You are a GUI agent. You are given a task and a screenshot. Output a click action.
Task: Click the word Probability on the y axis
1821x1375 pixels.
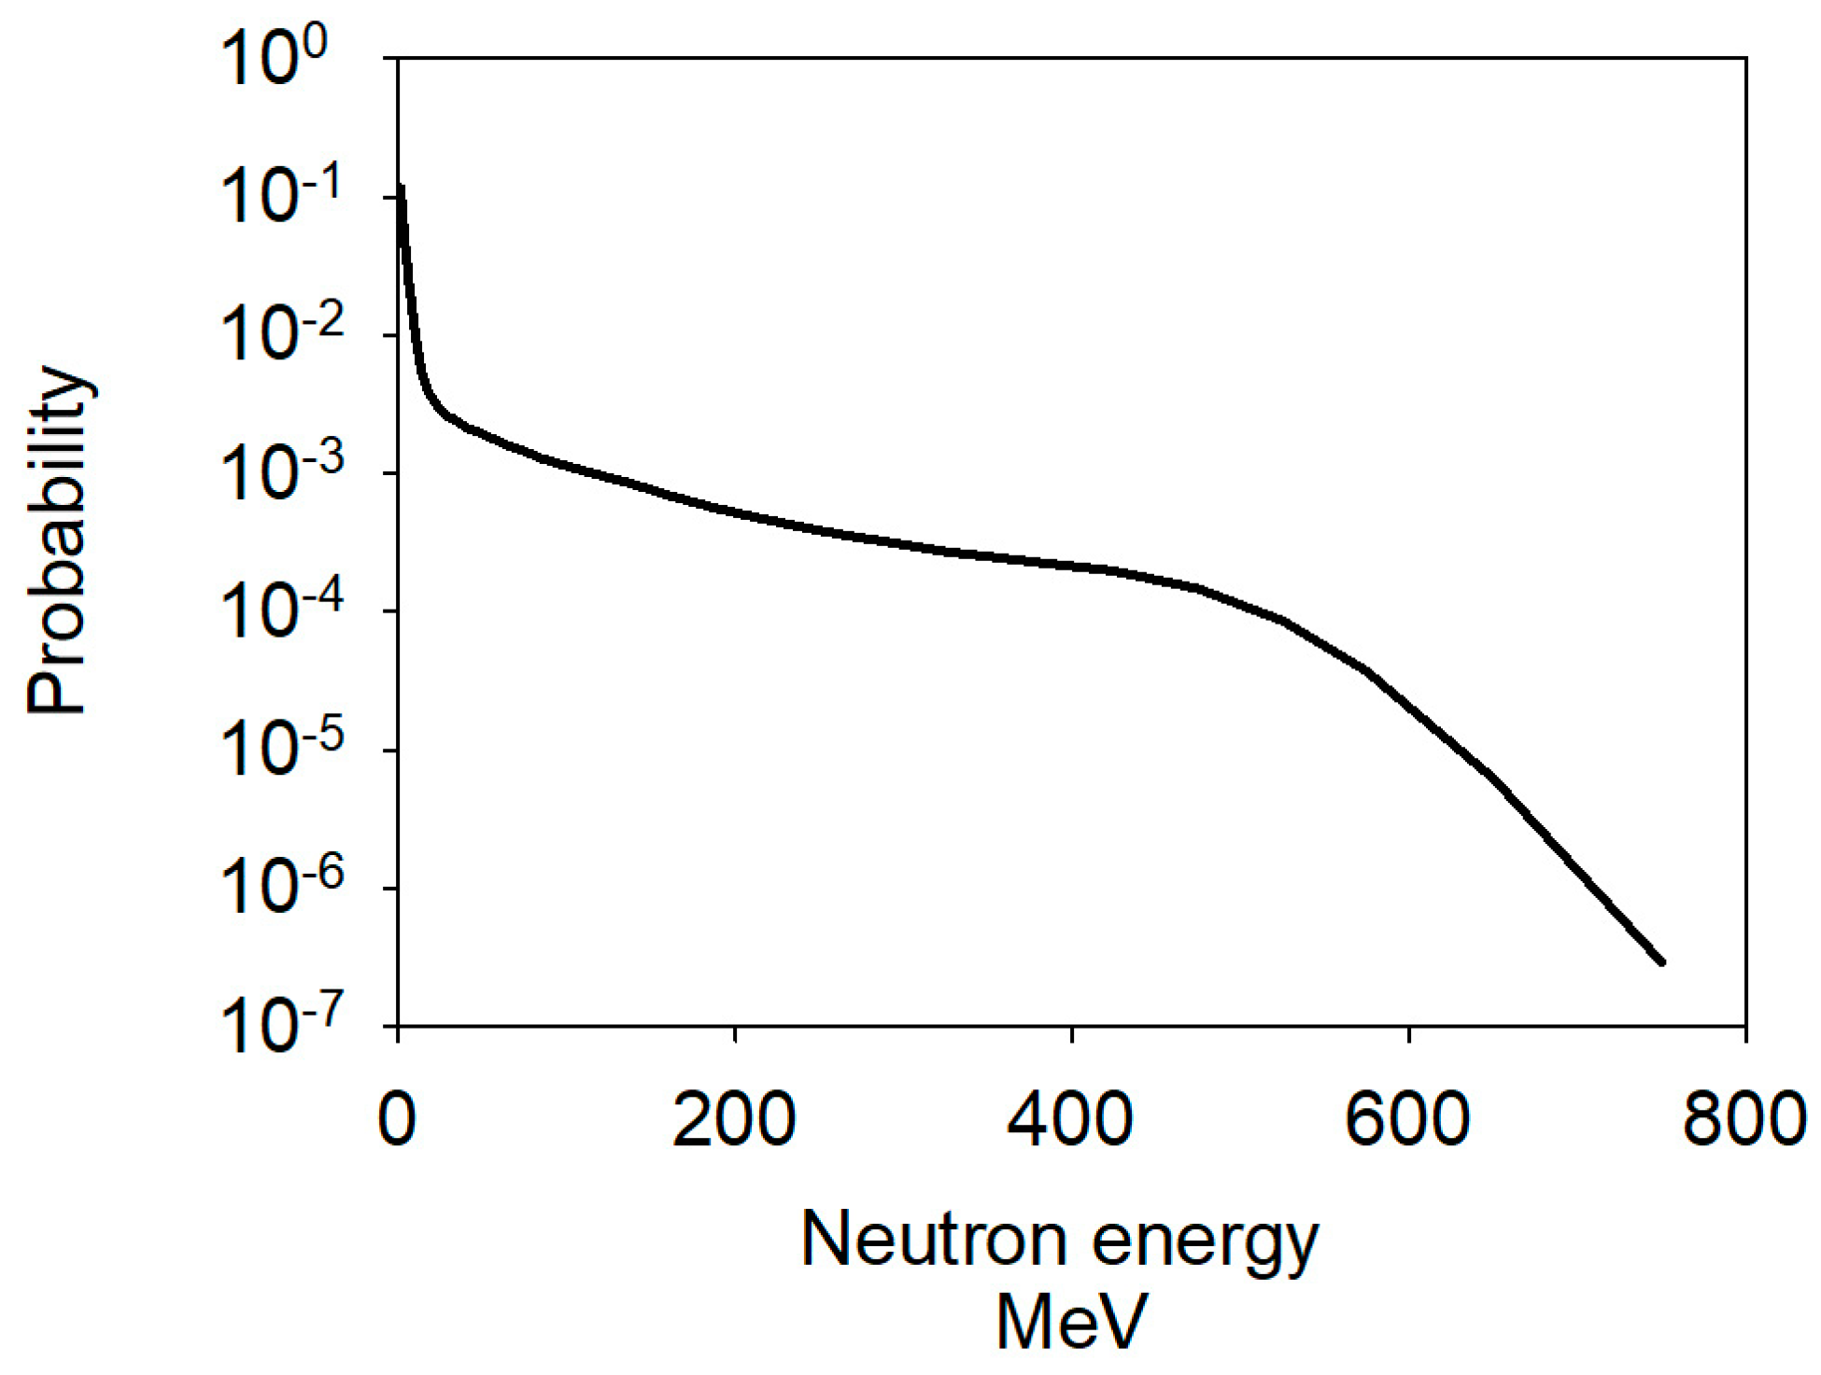(58, 542)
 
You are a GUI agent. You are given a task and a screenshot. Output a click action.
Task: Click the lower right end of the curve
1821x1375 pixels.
(1661, 961)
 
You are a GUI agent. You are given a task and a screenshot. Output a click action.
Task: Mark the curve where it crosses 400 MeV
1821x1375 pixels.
(1071, 565)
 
